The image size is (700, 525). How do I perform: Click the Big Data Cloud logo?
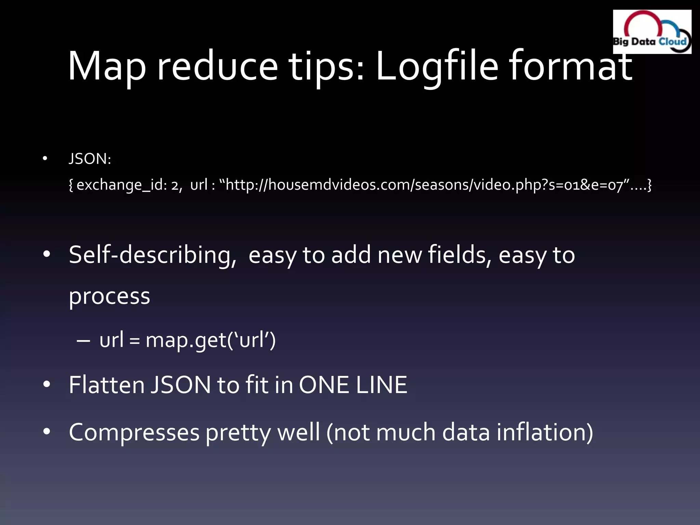click(x=652, y=32)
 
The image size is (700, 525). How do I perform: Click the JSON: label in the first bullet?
click(x=90, y=159)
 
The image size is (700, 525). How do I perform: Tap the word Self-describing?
click(x=152, y=255)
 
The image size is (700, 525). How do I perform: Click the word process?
click(x=109, y=296)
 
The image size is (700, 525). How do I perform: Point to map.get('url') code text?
click(x=211, y=340)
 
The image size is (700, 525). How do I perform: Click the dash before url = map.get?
click(x=83, y=341)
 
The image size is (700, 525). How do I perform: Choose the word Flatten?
click(x=107, y=385)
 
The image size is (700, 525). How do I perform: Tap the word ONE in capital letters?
click(x=324, y=385)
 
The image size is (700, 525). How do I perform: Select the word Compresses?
click(x=134, y=432)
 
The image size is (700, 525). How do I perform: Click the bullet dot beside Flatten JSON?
click(x=47, y=384)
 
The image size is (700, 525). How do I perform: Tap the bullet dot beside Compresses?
click(x=47, y=432)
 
